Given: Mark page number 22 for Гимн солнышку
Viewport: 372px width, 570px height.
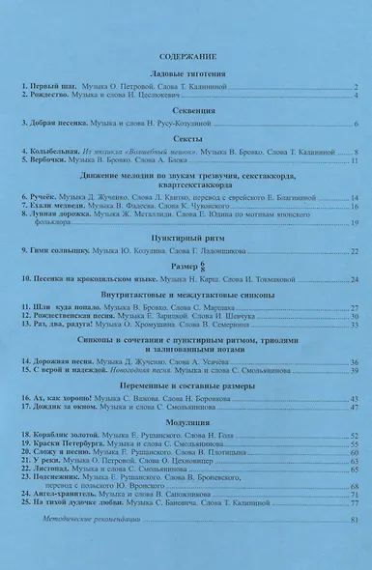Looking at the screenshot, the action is coord(354,250).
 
